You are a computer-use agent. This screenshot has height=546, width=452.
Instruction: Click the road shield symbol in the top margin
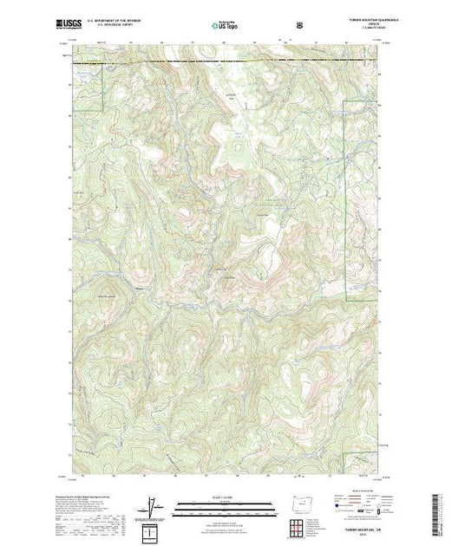299,26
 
